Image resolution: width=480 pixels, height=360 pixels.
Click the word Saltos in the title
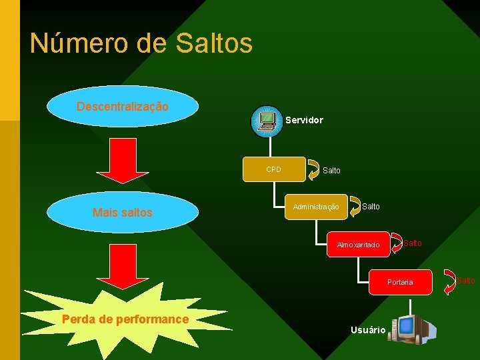(214, 43)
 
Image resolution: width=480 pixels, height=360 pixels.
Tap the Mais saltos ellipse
(123, 213)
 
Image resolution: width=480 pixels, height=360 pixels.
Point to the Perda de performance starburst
(125, 319)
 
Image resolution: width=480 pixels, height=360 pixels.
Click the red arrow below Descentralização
(120, 160)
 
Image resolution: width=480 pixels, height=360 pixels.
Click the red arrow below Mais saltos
(120, 266)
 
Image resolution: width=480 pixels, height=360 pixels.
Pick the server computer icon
(267, 121)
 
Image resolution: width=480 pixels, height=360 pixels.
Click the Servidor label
(304, 121)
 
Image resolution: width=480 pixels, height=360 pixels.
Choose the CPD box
(274, 169)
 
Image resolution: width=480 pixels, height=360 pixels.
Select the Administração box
(316, 207)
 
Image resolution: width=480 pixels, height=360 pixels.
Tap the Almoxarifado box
(358, 245)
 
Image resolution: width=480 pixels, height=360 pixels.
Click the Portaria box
(400, 282)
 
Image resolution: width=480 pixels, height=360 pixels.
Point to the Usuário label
(367, 330)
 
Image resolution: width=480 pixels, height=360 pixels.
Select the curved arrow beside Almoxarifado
(396, 244)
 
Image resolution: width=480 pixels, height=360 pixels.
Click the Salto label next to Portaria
(466, 280)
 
